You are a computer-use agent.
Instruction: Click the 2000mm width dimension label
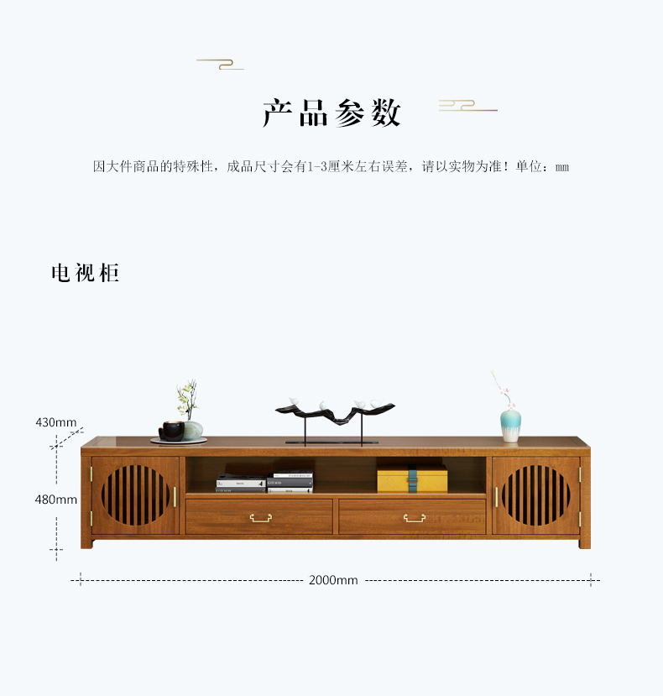(333, 580)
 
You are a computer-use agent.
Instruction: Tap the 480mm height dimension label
(56, 500)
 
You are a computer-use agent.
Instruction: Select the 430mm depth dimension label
(56, 422)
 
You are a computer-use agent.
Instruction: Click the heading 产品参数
(332, 113)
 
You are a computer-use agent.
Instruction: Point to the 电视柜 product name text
(86, 273)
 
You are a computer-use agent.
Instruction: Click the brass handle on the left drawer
(261, 517)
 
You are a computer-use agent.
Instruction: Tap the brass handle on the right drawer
(415, 517)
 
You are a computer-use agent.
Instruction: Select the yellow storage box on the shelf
(412, 479)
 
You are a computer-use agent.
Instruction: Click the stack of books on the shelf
(265, 482)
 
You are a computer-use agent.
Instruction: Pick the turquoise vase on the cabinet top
(511, 426)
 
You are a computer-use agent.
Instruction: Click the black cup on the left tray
(172, 431)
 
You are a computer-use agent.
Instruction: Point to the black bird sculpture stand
(335, 421)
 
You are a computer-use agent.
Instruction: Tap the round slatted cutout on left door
(135, 495)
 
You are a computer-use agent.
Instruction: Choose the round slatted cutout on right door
(536, 495)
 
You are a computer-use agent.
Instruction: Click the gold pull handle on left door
(175, 497)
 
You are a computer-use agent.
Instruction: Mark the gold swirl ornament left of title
(220, 65)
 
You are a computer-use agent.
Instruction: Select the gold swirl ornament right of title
(467, 106)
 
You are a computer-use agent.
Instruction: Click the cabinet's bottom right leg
(584, 543)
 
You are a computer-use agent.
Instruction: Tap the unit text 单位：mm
(542, 167)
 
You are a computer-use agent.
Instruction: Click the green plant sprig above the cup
(188, 399)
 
